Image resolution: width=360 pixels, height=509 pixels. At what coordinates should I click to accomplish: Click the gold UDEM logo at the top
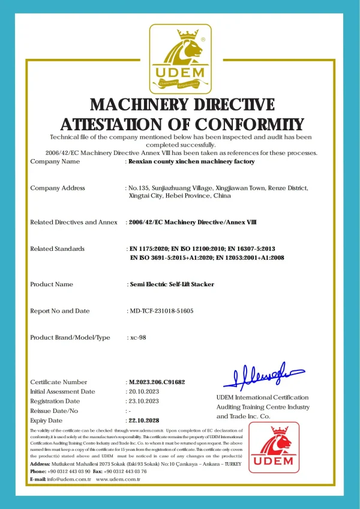(180, 58)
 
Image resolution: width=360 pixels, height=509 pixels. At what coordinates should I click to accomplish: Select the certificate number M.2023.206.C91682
(158, 382)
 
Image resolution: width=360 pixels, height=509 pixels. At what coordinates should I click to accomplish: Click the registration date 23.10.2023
(144, 401)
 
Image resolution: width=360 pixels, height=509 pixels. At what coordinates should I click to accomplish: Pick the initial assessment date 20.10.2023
(144, 391)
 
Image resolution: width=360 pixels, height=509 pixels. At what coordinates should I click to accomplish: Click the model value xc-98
(138, 337)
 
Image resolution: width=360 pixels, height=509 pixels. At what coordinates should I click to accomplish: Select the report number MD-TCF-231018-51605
(161, 311)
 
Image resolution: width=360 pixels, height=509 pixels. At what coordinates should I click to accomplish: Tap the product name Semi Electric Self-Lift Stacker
(172, 285)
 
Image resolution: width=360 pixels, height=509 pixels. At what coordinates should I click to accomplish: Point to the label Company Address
(58, 188)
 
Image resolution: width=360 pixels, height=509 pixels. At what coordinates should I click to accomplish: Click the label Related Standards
(57, 248)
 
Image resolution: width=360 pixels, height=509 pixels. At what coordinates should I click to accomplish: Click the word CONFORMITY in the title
(247, 125)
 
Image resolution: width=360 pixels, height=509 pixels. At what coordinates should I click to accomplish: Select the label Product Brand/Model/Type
(70, 337)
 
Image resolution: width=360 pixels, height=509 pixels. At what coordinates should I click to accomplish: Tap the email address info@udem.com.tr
(69, 479)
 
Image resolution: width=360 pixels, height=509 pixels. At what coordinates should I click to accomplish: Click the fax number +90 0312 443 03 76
(127, 471)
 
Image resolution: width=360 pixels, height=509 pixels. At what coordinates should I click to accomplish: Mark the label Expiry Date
(46, 420)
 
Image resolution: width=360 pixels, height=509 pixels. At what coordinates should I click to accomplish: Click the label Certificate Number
(58, 382)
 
